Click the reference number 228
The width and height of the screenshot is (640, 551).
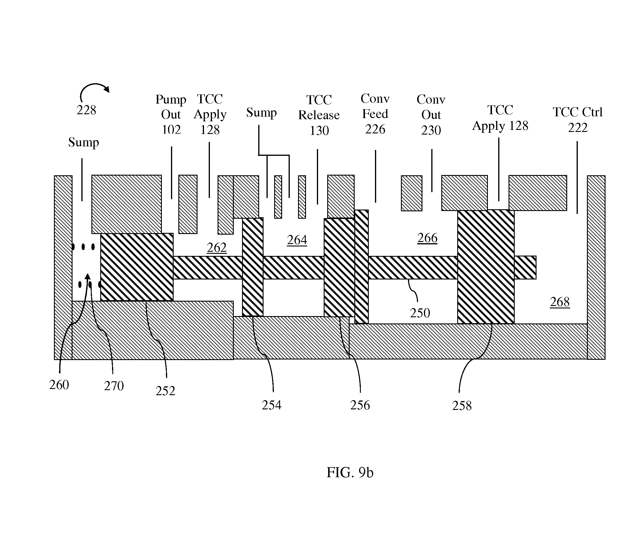[x=86, y=110]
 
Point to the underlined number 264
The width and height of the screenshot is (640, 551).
[x=297, y=240]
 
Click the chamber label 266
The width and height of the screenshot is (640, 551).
[x=427, y=238]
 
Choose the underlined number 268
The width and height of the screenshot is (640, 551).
[x=560, y=302]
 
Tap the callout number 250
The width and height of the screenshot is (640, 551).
[x=420, y=313]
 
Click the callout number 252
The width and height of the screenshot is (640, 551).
[x=165, y=391]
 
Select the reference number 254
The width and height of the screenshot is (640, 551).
[x=272, y=405]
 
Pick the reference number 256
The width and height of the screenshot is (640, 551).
[x=360, y=405]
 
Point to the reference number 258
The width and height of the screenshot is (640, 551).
[x=462, y=406]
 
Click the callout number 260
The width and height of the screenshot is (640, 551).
[x=59, y=385]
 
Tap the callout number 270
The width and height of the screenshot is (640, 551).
[x=114, y=386]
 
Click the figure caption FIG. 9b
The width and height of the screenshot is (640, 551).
[x=350, y=472]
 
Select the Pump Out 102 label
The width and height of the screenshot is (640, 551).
[x=171, y=115]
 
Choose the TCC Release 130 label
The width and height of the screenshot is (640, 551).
[x=319, y=115]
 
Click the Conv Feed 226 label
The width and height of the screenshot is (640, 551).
[x=375, y=114]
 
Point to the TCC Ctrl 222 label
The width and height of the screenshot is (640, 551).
[x=577, y=119]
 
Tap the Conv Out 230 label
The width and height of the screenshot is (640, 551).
[x=431, y=115]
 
